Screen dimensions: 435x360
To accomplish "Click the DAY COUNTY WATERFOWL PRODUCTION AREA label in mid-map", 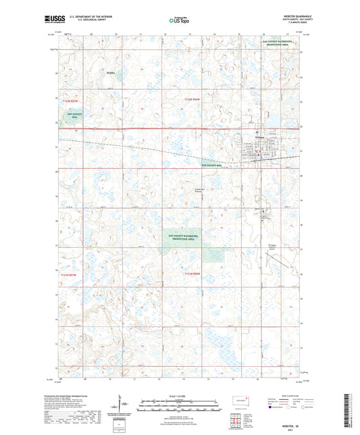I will click(x=186, y=237).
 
